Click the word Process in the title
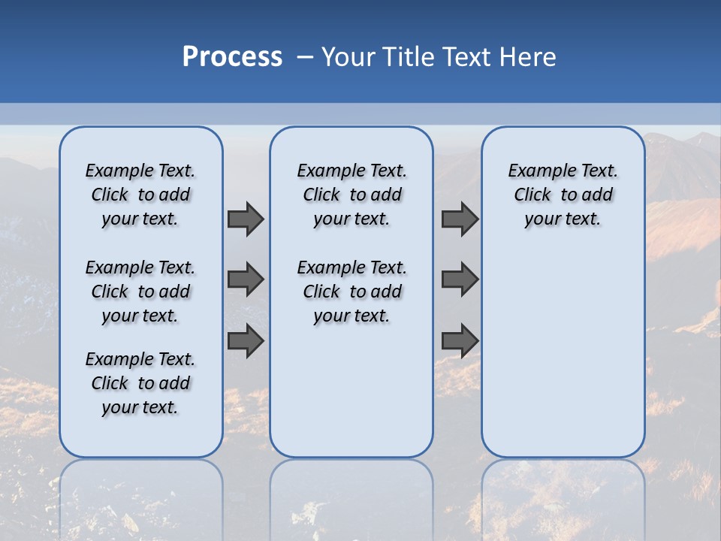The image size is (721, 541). click(232, 57)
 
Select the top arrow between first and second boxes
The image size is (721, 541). click(246, 219)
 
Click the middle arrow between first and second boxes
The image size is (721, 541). click(246, 280)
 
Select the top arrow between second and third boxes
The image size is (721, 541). click(460, 219)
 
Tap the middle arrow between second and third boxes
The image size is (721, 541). click(460, 280)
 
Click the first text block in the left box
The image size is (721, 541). click(140, 195)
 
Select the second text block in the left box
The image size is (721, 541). click(140, 292)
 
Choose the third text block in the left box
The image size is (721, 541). click(140, 383)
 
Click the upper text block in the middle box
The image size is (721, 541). click(351, 195)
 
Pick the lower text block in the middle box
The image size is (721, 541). click(351, 292)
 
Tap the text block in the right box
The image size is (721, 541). click(563, 195)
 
